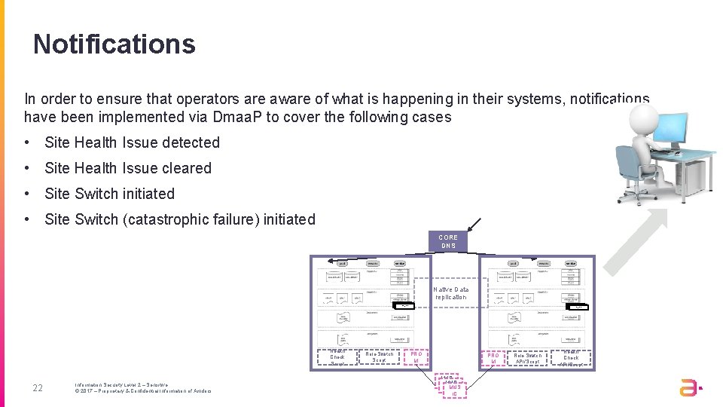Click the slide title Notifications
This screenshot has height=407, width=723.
[114, 44]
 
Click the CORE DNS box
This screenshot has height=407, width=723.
[448, 241]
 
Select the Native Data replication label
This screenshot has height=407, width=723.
[450, 293]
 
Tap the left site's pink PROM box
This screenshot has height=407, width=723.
[416, 358]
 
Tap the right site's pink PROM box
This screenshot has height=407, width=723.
[493, 358]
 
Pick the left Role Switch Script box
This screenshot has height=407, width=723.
[379, 357]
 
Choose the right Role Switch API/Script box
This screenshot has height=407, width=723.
[527, 358]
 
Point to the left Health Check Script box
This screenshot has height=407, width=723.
[337, 358]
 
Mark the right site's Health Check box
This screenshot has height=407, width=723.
[571, 358]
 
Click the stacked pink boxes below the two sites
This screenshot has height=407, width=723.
[454, 386]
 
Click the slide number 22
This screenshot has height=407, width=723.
[38, 388]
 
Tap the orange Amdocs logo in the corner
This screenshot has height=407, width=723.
[690, 387]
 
